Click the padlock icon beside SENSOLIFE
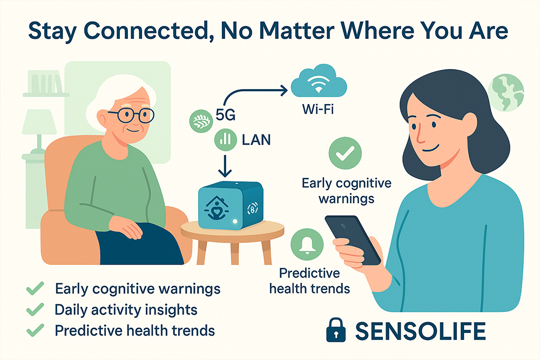coord(336,330)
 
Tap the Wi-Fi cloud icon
coord(319,81)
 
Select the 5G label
coord(226,114)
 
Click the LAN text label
coord(256,140)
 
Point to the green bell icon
coord(307,244)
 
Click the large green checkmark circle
coord(345,153)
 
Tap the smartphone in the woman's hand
coord(353,240)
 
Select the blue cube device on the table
coord(231,205)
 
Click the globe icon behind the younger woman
coord(505,93)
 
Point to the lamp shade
coord(39,122)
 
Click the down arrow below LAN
coord(225,166)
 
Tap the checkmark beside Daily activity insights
coord(35,309)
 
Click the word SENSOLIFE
coord(421,331)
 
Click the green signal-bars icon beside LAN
coord(225,140)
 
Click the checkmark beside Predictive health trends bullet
coord(35,330)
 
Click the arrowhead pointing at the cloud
coord(284,91)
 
